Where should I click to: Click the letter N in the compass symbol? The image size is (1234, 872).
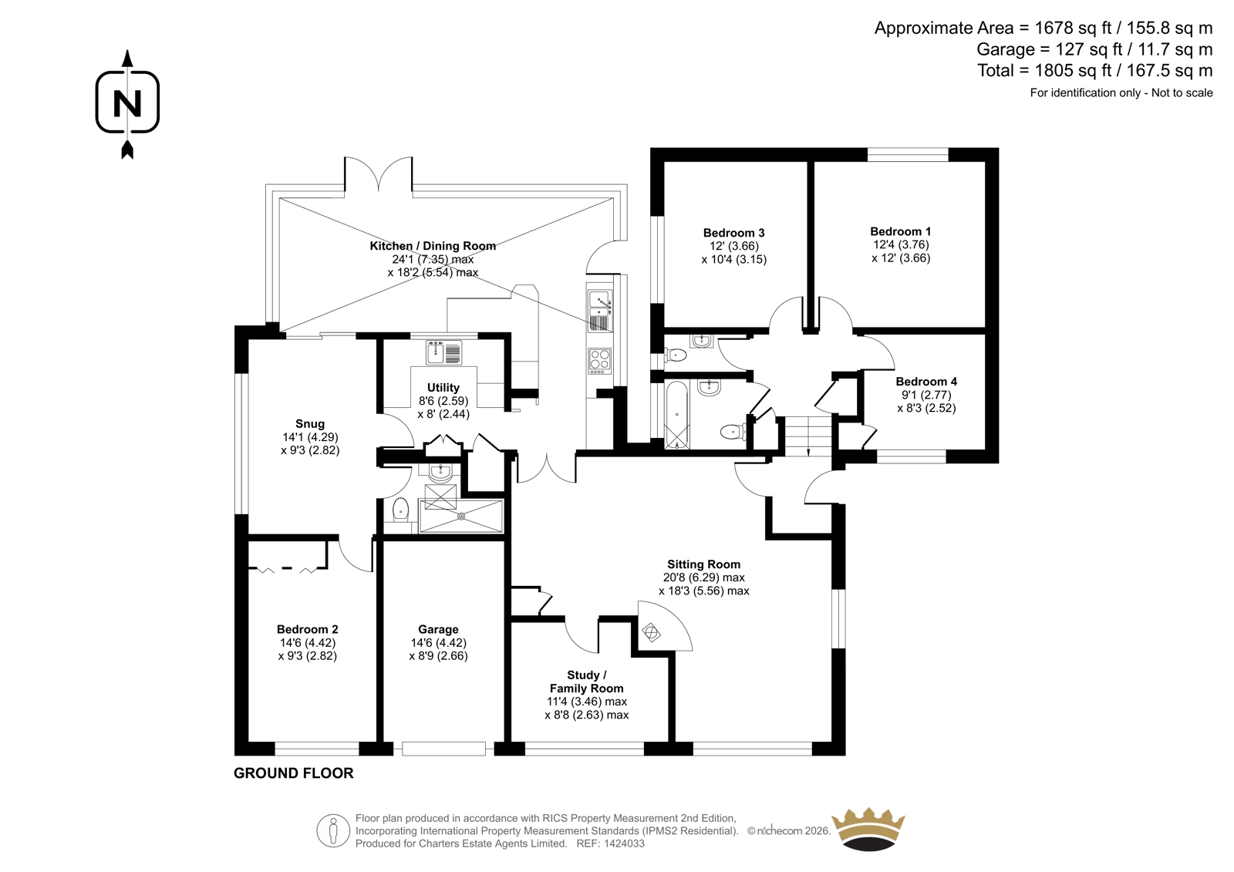click(x=127, y=103)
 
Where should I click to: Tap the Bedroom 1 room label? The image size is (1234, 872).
click(x=901, y=231)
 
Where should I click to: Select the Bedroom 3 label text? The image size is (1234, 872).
click(x=734, y=233)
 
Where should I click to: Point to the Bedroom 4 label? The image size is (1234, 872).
click(x=926, y=382)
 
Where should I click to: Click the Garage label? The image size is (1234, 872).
click(x=438, y=629)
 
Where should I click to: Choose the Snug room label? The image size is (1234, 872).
click(x=310, y=423)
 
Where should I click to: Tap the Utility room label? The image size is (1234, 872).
click(x=443, y=388)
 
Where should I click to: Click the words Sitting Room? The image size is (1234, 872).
click(x=703, y=564)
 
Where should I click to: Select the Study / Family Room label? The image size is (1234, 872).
click(x=586, y=682)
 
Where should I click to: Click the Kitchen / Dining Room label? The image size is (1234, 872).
click(x=433, y=246)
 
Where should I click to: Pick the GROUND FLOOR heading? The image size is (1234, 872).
click(x=294, y=773)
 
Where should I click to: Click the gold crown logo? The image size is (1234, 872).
click(x=868, y=829)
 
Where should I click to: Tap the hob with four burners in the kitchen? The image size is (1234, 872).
click(x=600, y=361)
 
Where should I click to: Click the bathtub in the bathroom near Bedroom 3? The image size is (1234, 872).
click(x=677, y=415)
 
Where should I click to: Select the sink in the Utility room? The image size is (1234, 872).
click(x=443, y=353)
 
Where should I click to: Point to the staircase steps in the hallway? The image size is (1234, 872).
click(x=808, y=436)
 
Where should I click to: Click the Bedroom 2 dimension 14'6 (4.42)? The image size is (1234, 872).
click(x=308, y=643)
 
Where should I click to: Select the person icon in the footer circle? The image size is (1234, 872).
click(x=333, y=831)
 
